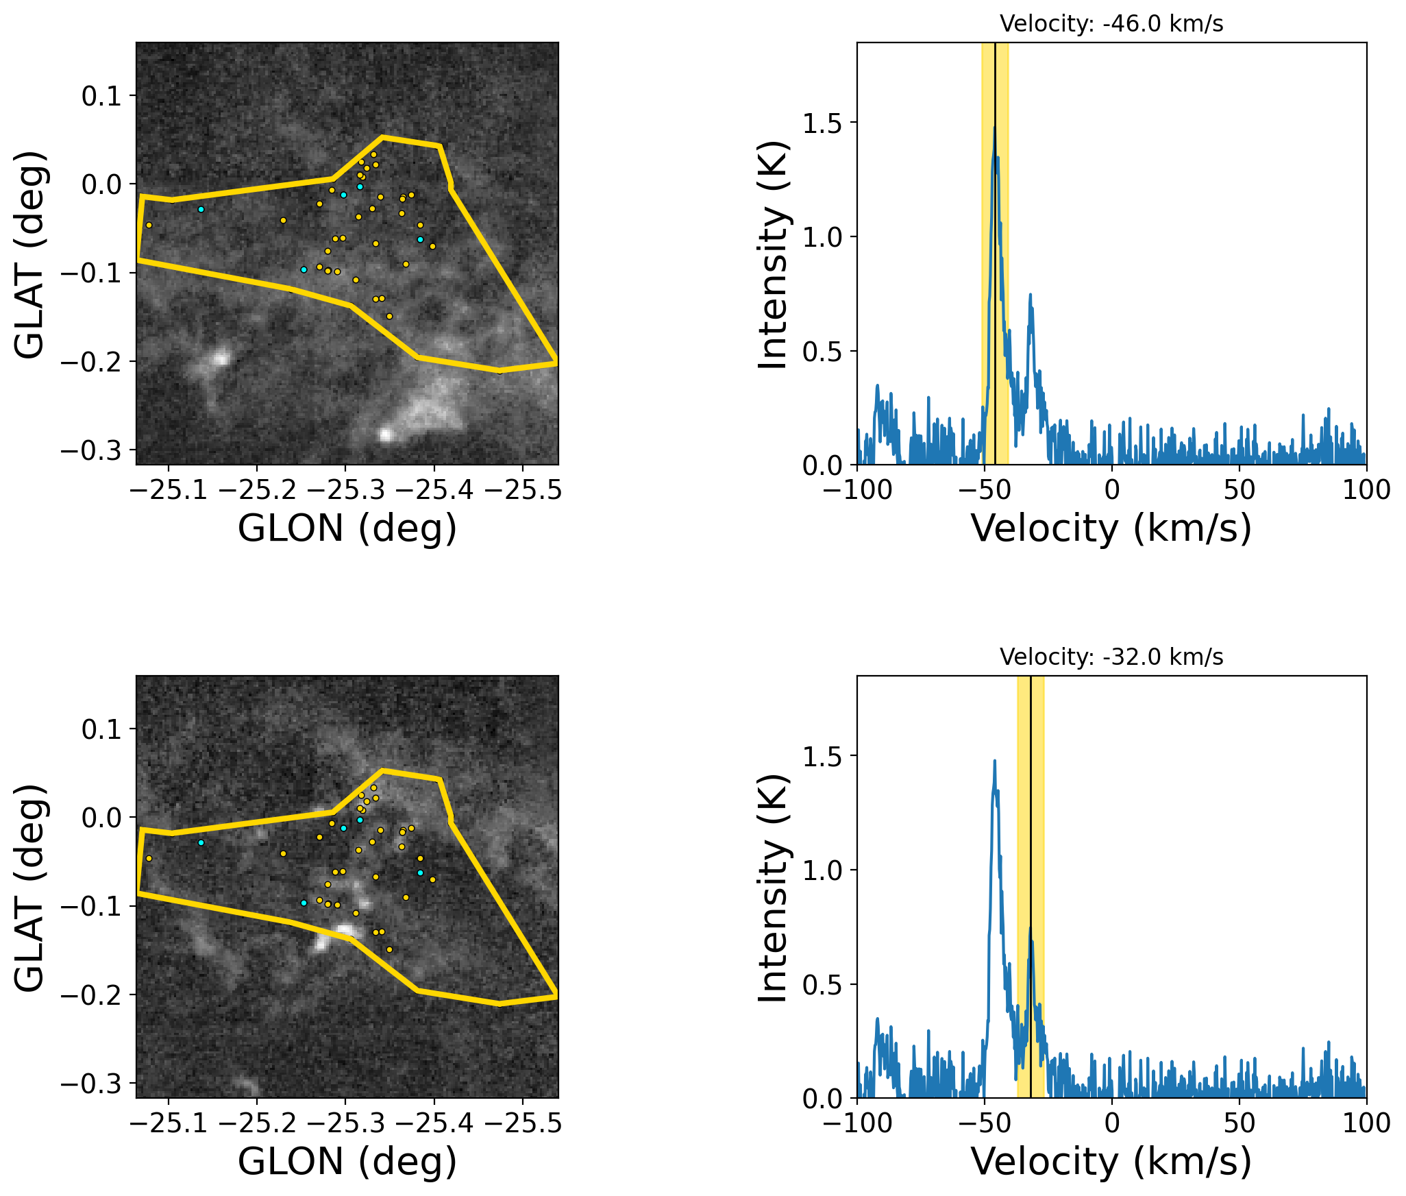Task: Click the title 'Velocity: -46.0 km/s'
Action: pos(1111,24)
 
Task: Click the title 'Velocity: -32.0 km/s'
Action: pos(1111,657)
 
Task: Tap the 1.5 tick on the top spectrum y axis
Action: pos(828,123)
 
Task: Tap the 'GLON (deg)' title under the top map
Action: pos(347,528)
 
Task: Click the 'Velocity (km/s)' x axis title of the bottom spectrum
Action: pos(1111,1162)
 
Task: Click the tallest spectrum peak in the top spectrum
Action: pos(994,128)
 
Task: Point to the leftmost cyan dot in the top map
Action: pos(201,209)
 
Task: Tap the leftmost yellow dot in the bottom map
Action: pos(149,858)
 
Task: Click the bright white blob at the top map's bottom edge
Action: pos(386,434)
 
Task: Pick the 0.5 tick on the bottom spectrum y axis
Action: pos(828,985)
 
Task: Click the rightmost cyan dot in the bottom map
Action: pos(420,872)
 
